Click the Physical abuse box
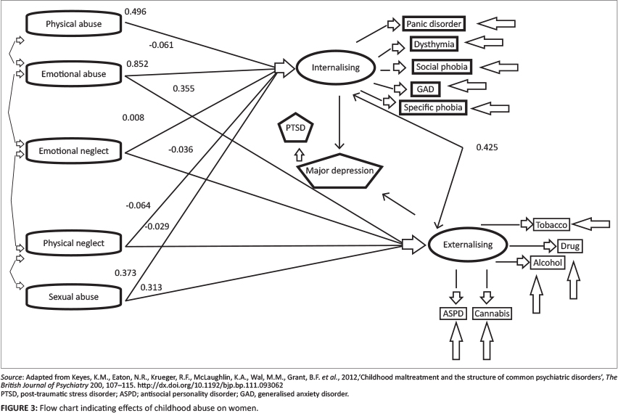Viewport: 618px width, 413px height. [73, 25]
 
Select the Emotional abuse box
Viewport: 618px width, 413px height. [75, 73]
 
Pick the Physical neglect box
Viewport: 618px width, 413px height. [75, 242]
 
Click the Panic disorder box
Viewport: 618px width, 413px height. [433, 24]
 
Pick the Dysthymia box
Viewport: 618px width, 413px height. [434, 45]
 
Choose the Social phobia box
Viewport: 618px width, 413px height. [442, 67]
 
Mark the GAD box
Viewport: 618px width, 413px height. [426, 89]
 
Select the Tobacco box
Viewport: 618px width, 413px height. [553, 224]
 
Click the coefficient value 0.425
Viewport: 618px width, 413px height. [487, 148]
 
